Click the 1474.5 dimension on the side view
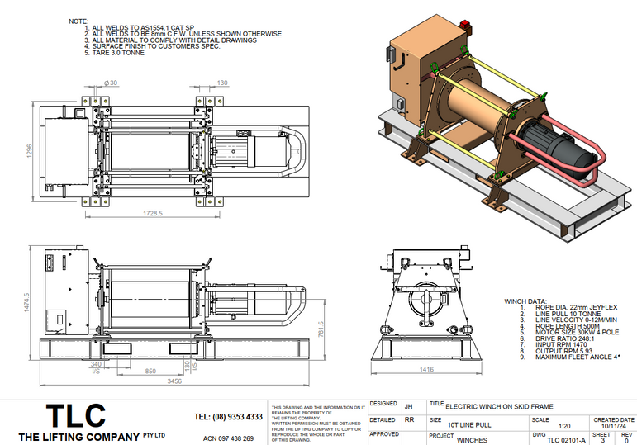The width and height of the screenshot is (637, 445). pyautogui.click(x=26, y=298)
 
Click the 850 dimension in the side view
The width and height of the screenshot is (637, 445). pyautogui.click(x=151, y=372)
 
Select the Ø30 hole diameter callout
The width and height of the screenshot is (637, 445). pyautogui.click(x=112, y=82)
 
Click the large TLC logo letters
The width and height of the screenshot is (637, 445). pyautogui.click(x=76, y=416)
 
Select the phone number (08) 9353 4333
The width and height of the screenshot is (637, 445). pyautogui.click(x=229, y=417)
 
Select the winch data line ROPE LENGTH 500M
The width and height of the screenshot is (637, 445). pyautogui.click(x=554, y=325)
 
